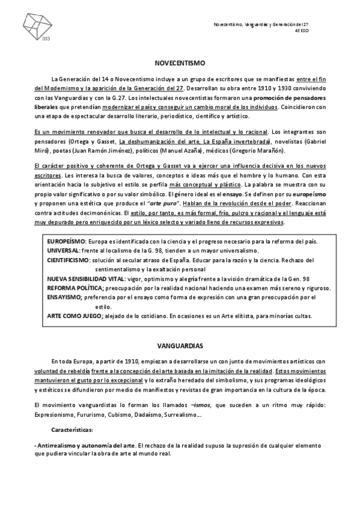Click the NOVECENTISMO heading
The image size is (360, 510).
(180, 63)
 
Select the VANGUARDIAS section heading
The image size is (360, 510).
(180, 347)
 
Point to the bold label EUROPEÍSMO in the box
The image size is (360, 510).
(66, 241)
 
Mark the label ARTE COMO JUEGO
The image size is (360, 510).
(75, 316)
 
